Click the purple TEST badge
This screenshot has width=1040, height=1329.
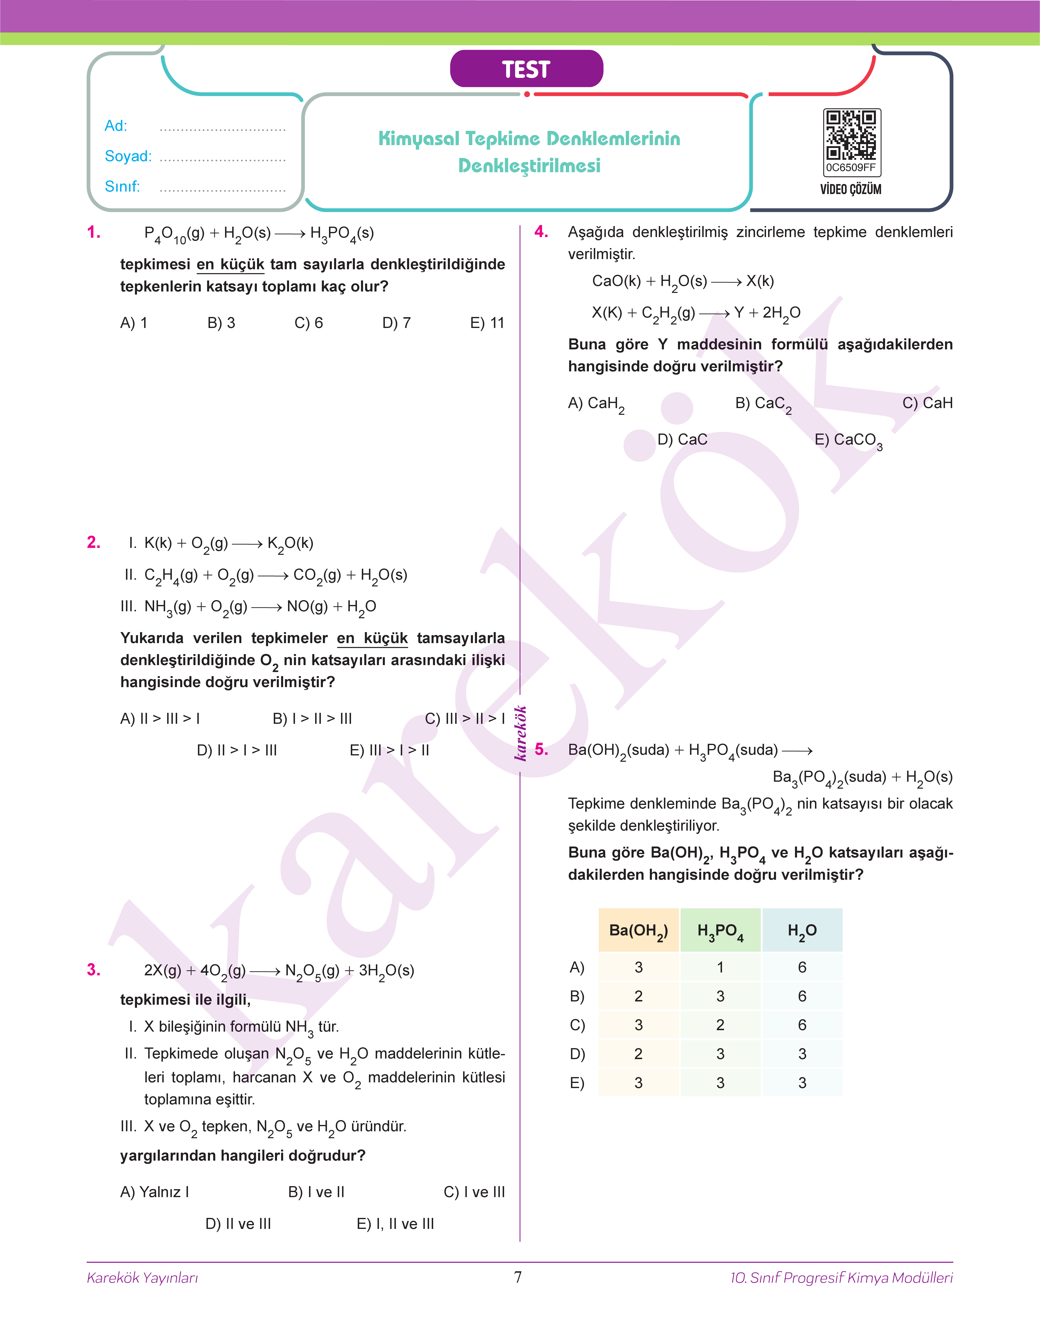(526, 69)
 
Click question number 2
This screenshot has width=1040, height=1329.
(94, 542)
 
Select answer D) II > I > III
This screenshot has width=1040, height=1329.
(237, 750)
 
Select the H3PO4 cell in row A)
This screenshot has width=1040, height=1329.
(720, 967)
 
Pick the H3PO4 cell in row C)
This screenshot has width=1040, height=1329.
(720, 1025)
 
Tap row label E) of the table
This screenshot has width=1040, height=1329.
(577, 1083)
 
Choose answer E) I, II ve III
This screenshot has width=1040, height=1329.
(395, 1224)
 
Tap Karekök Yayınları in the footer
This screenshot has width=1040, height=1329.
(142, 1278)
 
